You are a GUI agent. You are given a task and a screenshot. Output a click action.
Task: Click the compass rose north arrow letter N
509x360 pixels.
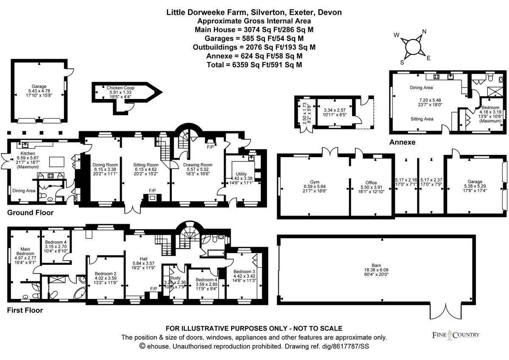[423, 32]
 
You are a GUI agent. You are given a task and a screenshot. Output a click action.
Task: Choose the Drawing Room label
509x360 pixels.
[198, 165]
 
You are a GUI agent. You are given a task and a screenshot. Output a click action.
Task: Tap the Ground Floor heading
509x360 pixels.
[31, 212]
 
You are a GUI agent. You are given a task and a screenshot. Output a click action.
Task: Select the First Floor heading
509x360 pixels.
[25, 310]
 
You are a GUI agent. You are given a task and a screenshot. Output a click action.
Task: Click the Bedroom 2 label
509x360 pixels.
[105, 274]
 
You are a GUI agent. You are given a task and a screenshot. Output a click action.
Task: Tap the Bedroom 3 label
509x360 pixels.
[244, 272]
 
